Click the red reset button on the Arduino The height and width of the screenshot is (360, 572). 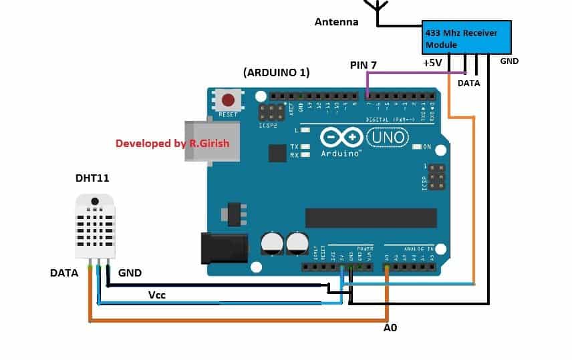pos(228,101)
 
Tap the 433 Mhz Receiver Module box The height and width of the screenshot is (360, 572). pos(467,37)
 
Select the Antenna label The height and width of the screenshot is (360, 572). pos(337,22)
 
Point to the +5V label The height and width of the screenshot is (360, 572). pos(432,63)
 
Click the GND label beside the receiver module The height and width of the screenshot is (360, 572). pos(509,61)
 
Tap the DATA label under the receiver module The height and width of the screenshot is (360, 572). pos(468,83)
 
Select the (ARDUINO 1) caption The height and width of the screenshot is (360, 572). pos(277,72)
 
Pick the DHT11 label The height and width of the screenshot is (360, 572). pos(93,179)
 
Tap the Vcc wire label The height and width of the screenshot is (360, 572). pos(158,294)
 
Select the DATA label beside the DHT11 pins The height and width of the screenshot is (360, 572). pos(64,273)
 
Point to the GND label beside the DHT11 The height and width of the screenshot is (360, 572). pos(130,273)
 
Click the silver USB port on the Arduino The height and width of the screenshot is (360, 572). pos(212,141)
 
